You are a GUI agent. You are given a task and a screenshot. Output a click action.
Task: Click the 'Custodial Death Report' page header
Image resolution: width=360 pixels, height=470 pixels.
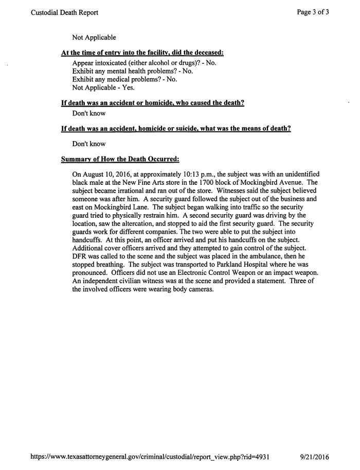pos(64,12)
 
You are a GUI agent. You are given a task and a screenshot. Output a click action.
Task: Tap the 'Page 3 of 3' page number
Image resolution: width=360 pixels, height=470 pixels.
pos(313,12)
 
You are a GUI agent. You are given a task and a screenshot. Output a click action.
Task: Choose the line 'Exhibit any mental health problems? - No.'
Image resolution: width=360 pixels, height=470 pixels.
pos(133,71)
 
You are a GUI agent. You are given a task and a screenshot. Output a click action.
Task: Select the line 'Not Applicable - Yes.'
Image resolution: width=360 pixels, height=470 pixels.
pos(103,88)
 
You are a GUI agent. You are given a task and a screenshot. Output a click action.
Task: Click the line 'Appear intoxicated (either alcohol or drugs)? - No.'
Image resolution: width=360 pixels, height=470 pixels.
pos(145,63)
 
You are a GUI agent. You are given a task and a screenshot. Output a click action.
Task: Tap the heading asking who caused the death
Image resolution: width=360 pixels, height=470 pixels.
pos(152,103)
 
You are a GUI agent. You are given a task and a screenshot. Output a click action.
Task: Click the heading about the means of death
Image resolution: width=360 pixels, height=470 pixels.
pos(176,129)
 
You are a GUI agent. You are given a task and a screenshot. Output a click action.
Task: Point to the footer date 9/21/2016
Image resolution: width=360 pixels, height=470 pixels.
pos(314,457)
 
